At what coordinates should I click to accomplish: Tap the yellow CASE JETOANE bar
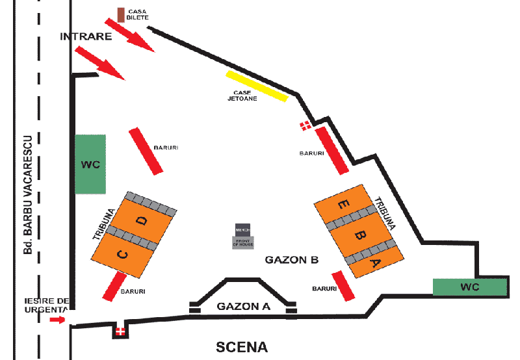click(x=256, y=86)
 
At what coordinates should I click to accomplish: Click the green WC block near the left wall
click(x=90, y=164)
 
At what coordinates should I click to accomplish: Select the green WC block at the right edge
click(x=470, y=287)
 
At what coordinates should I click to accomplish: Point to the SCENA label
click(x=242, y=347)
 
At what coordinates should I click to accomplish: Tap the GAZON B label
click(x=292, y=260)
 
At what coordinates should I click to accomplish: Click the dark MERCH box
click(x=242, y=230)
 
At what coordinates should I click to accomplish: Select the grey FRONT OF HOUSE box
click(x=242, y=242)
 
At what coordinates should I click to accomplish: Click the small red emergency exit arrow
click(x=57, y=320)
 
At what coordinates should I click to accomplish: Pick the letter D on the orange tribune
click(x=142, y=221)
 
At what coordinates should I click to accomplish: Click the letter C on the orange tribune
click(x=122, y=253)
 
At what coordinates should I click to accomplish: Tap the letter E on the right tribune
click(x=342, y=205)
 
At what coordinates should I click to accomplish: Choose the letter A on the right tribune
click(x=375, y=263)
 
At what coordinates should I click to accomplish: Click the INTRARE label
click(x=86, y=36)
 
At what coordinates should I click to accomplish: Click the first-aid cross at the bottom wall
click(x=120, y=331)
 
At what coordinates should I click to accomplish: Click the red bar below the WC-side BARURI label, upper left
click(x=146, y=151)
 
